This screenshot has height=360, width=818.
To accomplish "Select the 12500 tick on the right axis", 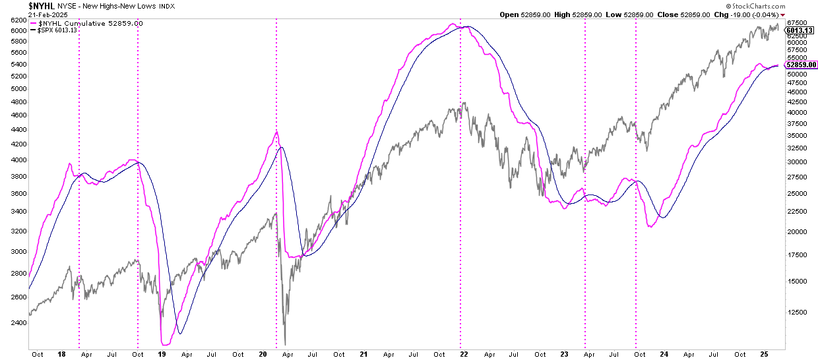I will coord(798,312).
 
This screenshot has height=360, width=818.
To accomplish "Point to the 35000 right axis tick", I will coord(798,135).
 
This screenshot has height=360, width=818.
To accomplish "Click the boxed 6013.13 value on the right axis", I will coord(800,30).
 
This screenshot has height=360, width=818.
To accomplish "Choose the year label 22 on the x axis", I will coord(464,354).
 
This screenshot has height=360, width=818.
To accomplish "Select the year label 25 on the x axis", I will coord(765,354).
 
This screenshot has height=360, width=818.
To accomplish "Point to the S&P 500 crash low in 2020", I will coord(285,344).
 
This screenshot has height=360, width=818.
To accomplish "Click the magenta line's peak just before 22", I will coord(453,24).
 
